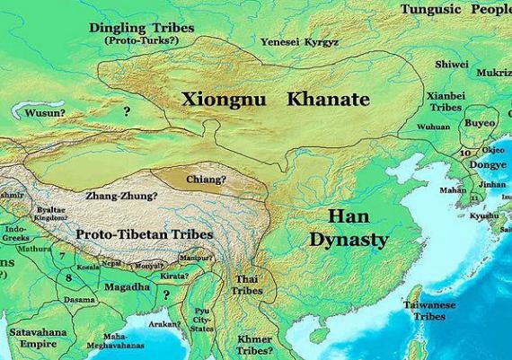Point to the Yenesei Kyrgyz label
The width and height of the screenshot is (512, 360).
[298, 42]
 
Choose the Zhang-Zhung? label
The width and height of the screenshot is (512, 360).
[120, 195]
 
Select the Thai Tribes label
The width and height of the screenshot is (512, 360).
[243, 285]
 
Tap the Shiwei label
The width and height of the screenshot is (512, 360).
[451, 65]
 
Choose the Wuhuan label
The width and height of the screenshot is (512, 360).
[433, 127]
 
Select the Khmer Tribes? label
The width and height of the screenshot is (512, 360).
[260, 345]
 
